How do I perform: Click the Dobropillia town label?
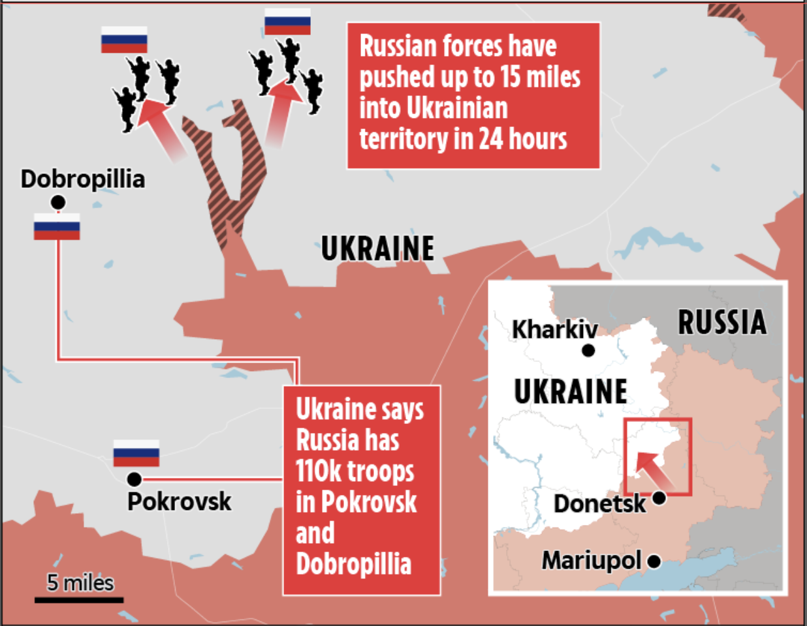pos(83,179)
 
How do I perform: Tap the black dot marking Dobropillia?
pos(58,202)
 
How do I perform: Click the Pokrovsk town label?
pos(180,501)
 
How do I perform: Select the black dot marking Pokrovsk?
pos(134,480)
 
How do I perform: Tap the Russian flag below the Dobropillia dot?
pos(57,227)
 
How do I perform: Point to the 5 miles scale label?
pos(80,582)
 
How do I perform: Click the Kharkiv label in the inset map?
pos(554,329)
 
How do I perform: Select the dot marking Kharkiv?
pos(588,350)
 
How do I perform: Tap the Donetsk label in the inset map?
pos(599,503)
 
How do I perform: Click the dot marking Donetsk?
pos(659,498)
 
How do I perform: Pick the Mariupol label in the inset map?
pos(592,560)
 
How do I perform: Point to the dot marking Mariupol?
pos(654,561)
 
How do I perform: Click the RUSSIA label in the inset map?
pos(722,322)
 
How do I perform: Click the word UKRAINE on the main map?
pos(377,248)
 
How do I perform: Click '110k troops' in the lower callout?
pos(355,471)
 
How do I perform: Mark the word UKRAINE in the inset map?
pos(571,391)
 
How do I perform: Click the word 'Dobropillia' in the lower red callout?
pos(353,564)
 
